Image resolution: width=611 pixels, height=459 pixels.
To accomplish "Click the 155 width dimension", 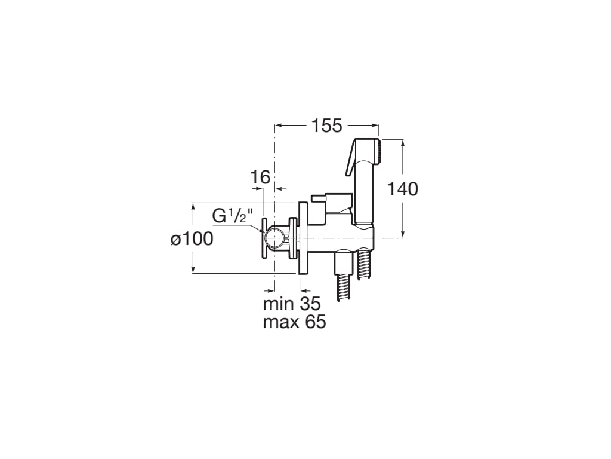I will pos(326,126).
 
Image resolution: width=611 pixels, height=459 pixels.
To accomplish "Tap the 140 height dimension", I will pos(403,189).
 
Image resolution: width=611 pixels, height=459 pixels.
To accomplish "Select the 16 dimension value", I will pos(260,177).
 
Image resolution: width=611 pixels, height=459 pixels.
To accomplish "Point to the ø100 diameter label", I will pos(192,239).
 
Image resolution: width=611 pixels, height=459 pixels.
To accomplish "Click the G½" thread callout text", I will pos(233,216).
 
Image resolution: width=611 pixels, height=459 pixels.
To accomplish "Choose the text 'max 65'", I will pos(294,322).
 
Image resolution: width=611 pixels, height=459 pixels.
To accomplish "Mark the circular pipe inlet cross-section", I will pos(274,238).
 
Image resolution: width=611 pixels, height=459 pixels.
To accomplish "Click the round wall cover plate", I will pos(303,238).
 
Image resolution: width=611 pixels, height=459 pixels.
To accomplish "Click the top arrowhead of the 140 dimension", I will pos(403,143).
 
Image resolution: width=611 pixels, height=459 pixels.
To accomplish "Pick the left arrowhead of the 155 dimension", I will pos(278,126).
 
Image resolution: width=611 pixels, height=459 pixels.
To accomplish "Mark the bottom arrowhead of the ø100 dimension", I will pos(193,271).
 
